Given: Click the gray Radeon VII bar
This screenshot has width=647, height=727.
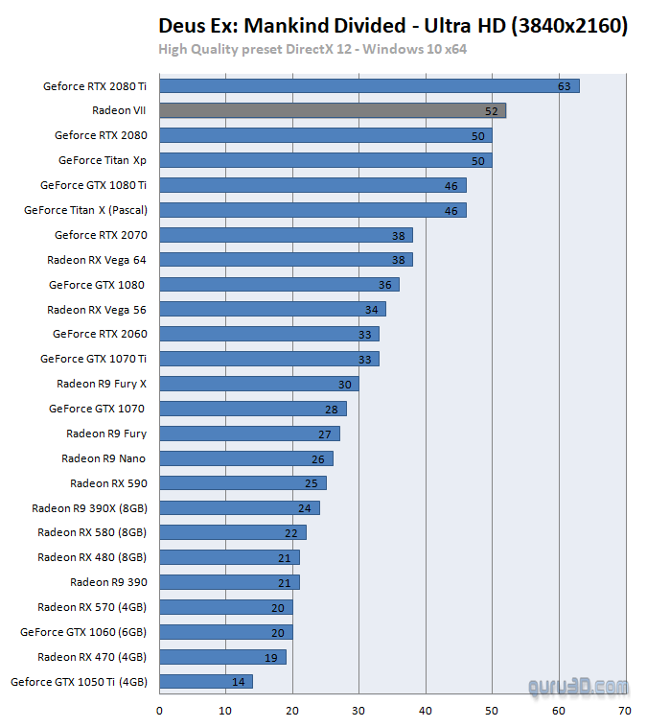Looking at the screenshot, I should [332, 110].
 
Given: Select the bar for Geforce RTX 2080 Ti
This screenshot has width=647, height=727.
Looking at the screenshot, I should [369, 86].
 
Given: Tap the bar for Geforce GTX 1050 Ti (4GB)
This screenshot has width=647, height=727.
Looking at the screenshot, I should [205, 682].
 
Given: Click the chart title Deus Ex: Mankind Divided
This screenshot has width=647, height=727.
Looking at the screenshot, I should [393, 26].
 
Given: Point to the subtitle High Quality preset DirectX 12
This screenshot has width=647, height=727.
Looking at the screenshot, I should [312, 49].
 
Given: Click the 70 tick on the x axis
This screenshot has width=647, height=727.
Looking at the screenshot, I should [625, 711].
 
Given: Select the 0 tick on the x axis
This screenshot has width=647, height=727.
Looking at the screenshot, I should [159, 711].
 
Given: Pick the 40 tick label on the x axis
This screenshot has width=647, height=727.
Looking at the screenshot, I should [426, 711].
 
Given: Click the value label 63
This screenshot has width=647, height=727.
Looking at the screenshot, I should [565, 86].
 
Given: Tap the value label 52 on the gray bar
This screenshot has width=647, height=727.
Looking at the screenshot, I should [492, 111].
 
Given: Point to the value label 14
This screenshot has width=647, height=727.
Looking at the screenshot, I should [239, 682].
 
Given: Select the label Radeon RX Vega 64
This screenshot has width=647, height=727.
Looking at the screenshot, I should [97, 259].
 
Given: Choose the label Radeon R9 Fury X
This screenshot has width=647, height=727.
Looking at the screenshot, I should [102, 384].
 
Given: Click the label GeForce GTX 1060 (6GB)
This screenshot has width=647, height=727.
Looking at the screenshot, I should [83, 632].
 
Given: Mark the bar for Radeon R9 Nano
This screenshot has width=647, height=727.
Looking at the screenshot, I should [245, 458].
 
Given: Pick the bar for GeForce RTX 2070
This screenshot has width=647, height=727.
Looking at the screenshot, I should [286, 235].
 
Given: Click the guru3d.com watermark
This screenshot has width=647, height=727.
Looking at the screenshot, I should [579, 687].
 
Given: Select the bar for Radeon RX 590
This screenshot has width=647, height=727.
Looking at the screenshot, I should [243, 483].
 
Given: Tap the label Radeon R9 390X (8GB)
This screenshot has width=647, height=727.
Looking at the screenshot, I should [89, 508].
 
